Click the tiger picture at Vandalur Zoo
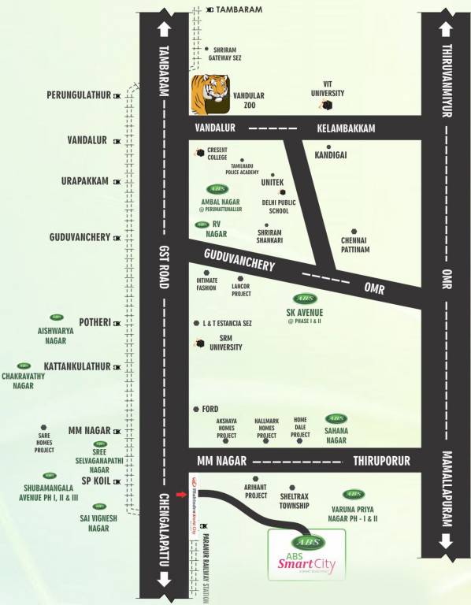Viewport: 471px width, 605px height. pyautogui.click(x=210, y=95)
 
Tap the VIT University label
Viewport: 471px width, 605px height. pyautogui.click(x=328, y=88)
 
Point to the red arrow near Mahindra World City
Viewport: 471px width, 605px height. pyautogui.click(x=182, y=495)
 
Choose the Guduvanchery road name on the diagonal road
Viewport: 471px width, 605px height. pyautogui.click(x=239, y=260)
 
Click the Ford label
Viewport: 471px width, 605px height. pyautogui.click(x=210, y=409)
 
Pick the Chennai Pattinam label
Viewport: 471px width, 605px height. pyautogui.click(x=354, y=244)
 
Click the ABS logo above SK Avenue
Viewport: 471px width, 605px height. pyautogui.click(x=305, y=299)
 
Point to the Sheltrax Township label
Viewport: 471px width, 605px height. pyautogui.click(x=292, y=501)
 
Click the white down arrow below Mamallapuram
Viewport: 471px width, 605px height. pyautogui.click(x=447, y=541)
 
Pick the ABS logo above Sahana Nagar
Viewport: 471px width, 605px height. pyautogui.click(x=336, y=418)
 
